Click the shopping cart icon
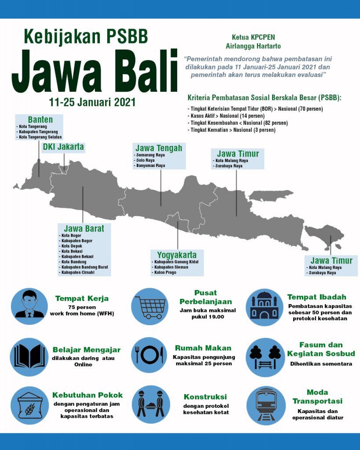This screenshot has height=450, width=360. click(x=149, y=306)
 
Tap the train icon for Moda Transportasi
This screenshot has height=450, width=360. click(x=264, y=405)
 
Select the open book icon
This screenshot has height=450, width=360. click(x=29, y=356)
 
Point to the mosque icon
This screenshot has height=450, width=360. click(x=264, y=306)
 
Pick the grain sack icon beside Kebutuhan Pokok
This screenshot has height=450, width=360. click(x=29, y=405)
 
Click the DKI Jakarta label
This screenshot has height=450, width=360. click(x=63, y=147)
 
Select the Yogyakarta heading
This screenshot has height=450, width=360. click(x=174, y=255)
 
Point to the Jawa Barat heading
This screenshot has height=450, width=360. click(x=84, y=229)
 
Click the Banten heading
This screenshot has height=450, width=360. click(x=40, y=120)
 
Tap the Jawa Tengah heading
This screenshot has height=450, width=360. click(x=158, y=148)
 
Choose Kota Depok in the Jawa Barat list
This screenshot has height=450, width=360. click(x=73, y=246)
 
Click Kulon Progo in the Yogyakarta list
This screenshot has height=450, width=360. click(x=165, y=272)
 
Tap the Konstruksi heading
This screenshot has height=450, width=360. click(x=205, y=396)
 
